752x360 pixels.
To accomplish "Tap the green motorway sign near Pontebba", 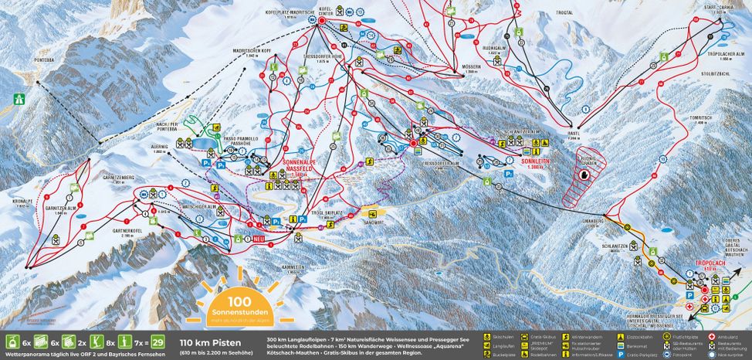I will (19, 99).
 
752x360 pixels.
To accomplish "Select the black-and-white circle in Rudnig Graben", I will (584, 176).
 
